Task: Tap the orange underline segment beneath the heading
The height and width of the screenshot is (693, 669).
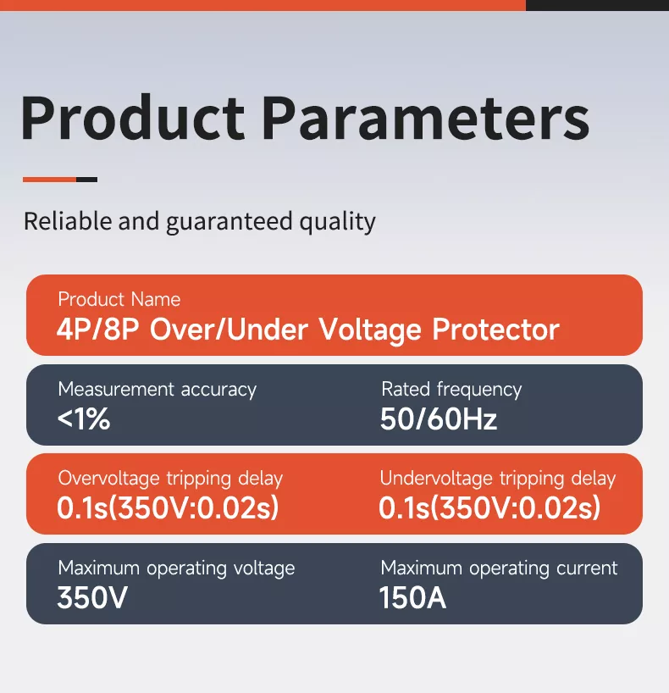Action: pos(49,180)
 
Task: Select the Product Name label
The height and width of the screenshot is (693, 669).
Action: pos(119,299)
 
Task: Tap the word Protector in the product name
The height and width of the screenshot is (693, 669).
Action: pos(495,330)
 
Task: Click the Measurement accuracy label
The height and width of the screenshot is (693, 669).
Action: pos(157,390)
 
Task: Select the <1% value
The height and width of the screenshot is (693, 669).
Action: pos(84,419)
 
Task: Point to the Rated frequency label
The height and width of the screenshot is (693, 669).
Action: pos(451,390)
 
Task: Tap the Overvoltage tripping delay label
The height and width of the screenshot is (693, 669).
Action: pos(170,479)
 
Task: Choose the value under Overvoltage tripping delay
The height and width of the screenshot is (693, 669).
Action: pos(168,508)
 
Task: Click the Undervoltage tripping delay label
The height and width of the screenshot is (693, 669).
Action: pos(498,479)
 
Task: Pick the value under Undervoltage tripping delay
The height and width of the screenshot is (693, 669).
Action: pos(489,508)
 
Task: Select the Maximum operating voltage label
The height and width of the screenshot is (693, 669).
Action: pos(176,568)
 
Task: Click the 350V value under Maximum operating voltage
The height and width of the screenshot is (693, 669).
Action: pos(92,598)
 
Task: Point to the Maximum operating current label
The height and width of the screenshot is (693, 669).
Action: pos(499,568)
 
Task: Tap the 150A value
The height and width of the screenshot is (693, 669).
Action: pos(412,598)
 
